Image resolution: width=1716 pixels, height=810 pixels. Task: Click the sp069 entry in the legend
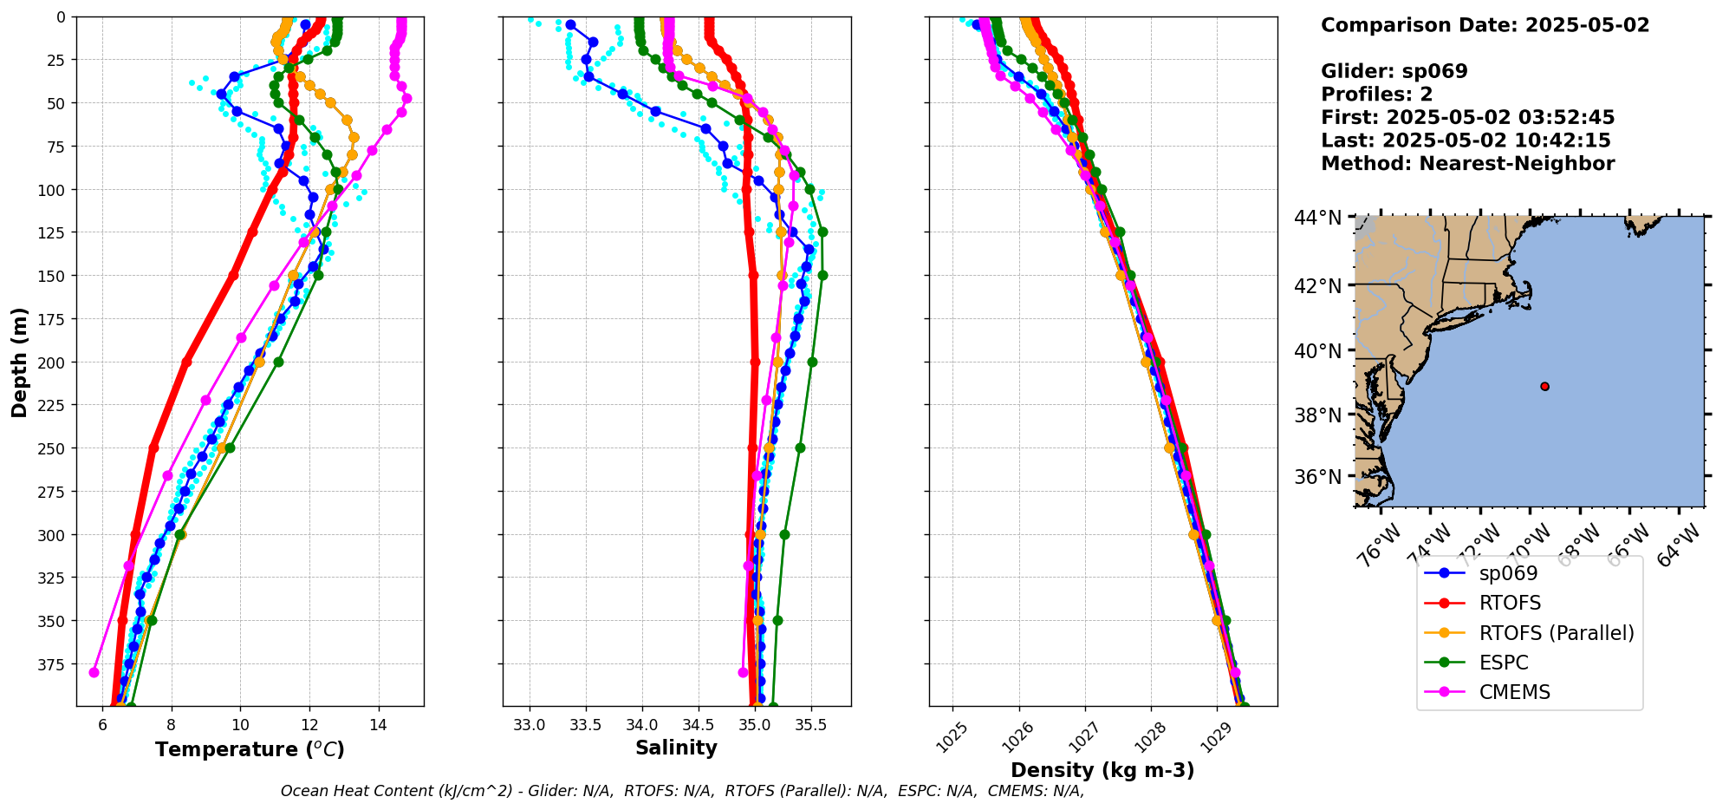click(1508, 573)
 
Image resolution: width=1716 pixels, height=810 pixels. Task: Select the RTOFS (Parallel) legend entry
click(1556, 633)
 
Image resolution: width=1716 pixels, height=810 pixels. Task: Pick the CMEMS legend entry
click(1514, 692)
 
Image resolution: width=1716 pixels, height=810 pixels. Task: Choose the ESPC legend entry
click(1504, 663)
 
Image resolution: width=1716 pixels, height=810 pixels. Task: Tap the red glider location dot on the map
click(1545, 386)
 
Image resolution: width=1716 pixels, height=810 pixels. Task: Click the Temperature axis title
click(250, 749)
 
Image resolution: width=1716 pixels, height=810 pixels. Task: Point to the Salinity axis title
click(676, 748)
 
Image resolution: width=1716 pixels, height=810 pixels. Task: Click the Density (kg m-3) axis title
click(1102, 770)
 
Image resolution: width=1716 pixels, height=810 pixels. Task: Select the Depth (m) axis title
click(19, 362)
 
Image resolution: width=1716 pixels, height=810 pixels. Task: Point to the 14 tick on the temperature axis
click(378, 725)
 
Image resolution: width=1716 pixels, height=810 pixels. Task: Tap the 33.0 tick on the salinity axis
click(529, 725)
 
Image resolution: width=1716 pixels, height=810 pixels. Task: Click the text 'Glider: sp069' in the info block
click(1394, 71)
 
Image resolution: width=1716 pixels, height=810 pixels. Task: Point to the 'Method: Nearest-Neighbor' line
click(1467, 163)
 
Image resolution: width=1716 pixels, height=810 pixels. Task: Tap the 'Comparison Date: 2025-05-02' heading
click(1485, 25)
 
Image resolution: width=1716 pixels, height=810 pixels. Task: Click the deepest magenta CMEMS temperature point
click(94, 672)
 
